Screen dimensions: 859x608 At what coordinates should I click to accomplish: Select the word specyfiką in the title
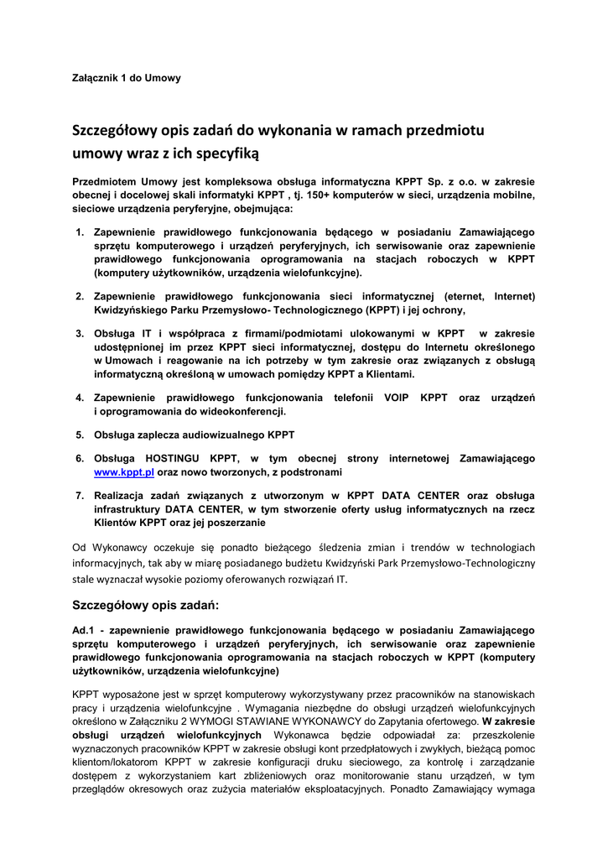[227, 154]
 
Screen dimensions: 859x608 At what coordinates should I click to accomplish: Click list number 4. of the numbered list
[80, 397]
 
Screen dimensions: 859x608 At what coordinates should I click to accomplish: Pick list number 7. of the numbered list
[80, 496]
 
